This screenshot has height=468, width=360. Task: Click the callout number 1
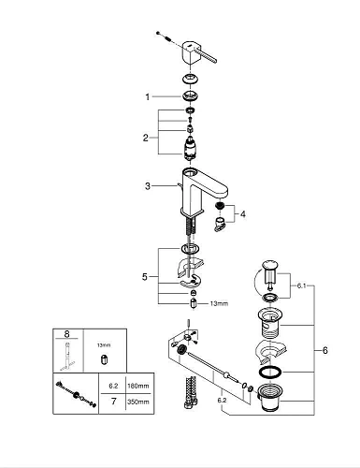(148, 97)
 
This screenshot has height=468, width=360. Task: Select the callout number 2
(146, 138)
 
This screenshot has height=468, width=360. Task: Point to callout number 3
(148, 186)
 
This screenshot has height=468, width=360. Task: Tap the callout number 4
(242, 214)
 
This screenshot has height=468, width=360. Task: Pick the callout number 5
(145, 276)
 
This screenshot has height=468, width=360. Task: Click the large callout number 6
(325, 350)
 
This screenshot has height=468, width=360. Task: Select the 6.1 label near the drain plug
(301, 285)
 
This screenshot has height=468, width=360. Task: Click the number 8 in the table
(66, 334)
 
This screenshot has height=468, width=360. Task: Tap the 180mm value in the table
(138, 386)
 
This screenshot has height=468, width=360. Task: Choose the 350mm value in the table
(138, 402)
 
